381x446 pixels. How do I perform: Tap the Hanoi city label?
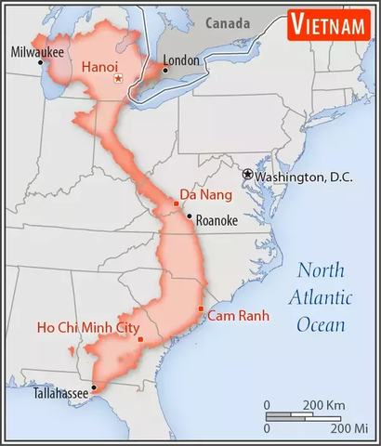tap(100, 67)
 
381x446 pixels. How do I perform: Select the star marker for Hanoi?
tap(117, 79)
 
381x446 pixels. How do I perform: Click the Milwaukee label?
tap(38, 53)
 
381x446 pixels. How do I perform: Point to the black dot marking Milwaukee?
tap(40, 63)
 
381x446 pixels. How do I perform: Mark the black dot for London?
tap(165, 70)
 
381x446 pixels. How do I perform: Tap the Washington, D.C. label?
tap(302, 177)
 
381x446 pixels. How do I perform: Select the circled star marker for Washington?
tap(248, 174)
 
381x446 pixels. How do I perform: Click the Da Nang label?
tap(204, 194)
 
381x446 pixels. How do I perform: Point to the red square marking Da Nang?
tap(177, 203)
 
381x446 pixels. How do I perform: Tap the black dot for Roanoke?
tap(190, 216)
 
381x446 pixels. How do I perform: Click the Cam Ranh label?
tap(238, 316)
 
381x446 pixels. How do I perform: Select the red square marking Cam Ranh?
tap(201, 308)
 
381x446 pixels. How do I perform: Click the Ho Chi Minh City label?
tap(88, 327)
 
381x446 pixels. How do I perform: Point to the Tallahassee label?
tap(61, 394)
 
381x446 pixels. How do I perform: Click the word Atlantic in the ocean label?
tap(320, 297)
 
